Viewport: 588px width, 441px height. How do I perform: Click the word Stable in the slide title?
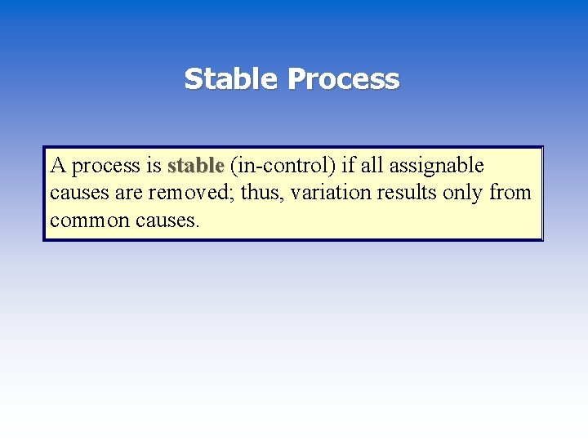232,79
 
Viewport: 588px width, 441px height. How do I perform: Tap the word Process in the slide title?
343,79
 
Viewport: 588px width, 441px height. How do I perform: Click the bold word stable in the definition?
195,166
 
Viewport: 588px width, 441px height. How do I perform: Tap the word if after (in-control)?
348,166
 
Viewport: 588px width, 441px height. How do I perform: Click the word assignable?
436,167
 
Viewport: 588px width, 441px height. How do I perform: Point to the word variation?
331,193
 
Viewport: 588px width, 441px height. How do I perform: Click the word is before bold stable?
154,166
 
